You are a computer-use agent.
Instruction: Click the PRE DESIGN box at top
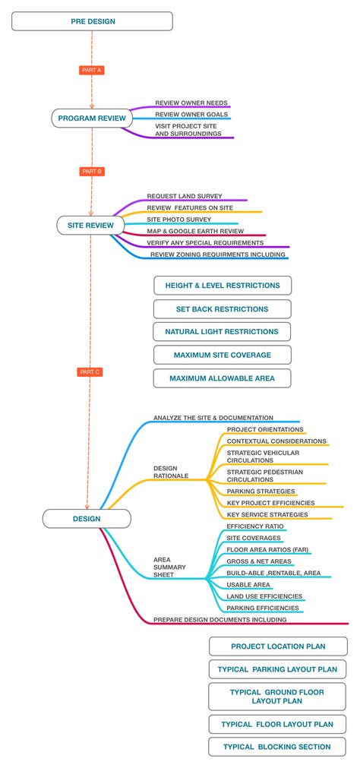tap(93, 21)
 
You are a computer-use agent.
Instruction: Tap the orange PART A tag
tap(91, 70)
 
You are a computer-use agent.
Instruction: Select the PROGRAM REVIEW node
tap(92, 119)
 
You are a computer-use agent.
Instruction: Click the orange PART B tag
tap(91, 172)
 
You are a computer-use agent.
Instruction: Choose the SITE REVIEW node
tap(90, 225)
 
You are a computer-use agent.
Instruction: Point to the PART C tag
tap(90, 372)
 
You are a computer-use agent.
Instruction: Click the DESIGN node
tap(87, 519)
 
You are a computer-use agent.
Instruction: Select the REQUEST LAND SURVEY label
tap(185, 196)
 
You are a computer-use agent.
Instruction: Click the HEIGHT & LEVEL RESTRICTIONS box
tap(223, 286)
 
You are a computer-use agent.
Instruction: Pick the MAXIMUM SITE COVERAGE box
tap(222, 355)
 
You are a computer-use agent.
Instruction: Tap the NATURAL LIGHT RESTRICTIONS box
tap(222, 332)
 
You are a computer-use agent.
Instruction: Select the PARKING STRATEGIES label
tap(250, 491)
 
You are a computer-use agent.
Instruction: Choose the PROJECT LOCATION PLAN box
tap(278, 646)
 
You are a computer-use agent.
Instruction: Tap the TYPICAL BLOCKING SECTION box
tap(277, 747)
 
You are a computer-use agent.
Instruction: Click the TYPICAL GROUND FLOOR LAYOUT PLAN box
tap(277, 697)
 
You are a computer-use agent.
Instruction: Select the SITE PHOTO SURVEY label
tap(179, 219)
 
